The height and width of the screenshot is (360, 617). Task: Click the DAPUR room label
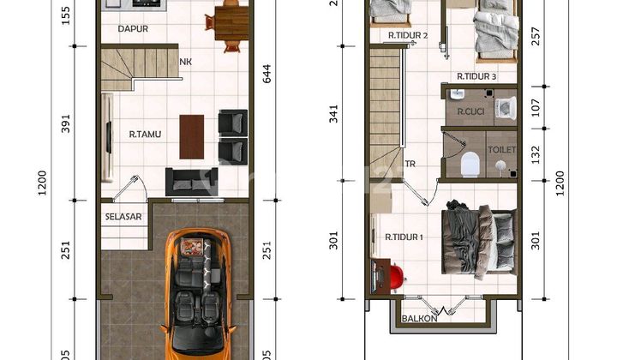134,28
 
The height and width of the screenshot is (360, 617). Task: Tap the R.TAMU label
146,134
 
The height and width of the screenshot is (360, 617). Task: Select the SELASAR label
123,217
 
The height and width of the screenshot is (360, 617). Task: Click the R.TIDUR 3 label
476,76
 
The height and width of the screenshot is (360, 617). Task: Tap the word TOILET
502,149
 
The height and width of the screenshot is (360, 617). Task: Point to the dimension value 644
267,75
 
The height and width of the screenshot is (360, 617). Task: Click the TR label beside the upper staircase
410,162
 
